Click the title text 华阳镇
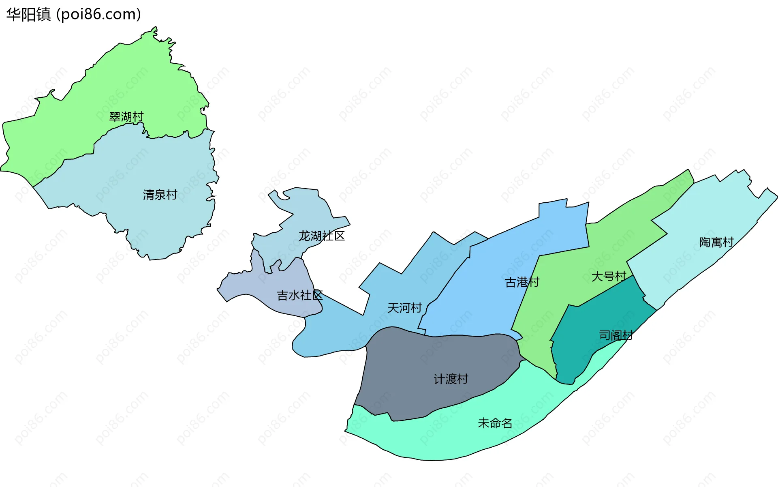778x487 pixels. click(28, 15)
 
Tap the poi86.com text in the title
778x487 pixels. click(98, 15)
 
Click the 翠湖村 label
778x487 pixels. click(126, 117)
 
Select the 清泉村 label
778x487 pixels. click(160, 195)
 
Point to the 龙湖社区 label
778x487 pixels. click(322, 236)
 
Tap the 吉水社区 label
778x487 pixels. click(299, 295)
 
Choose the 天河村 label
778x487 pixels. click(404, 308)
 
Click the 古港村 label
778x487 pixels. click(522, 282)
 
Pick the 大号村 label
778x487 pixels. click(609, 277)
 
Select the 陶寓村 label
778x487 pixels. click(716, 242)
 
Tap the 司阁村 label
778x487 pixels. click(616, 335)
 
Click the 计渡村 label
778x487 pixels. click(451, 379)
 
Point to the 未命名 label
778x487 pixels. click(495, 423)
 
